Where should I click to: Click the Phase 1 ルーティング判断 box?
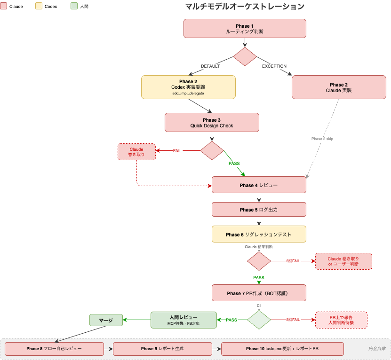tap(245, 28)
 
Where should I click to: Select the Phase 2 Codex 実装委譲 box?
tap(188, 87)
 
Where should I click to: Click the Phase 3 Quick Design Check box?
tap(212, 122)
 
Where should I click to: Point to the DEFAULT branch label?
tap(210, 66)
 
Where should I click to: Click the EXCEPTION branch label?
tap(274, 66)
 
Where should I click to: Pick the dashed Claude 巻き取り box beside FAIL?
tap(136, 152)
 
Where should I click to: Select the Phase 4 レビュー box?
tap(259, 185)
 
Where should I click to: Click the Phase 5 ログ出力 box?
tap(259, 210)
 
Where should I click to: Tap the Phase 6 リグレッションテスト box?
tap(259, 234)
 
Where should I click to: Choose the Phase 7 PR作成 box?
tap(259, 293)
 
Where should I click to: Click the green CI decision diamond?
tap(259, 320)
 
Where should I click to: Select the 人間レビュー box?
tap(184, 320)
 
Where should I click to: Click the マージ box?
tap(106, 321)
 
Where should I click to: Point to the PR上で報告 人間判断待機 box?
tap(341, 320)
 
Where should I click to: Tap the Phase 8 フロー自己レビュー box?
tap(54, 349)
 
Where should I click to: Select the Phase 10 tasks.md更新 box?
tap(282, 349)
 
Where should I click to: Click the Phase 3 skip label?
tap(322, 139)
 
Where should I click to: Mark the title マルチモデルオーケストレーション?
tap(245, 7)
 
